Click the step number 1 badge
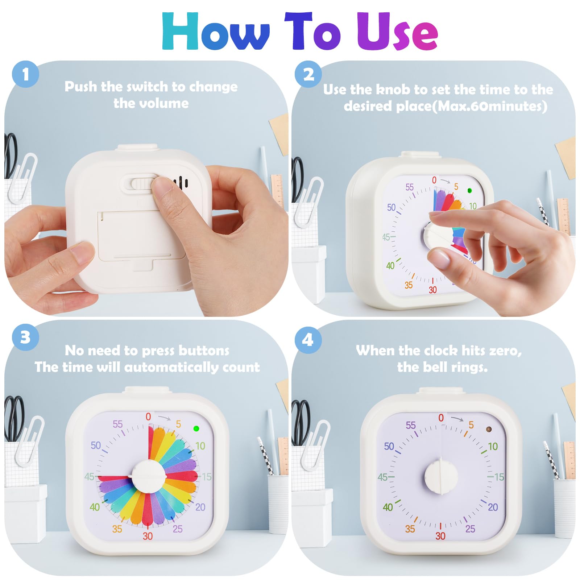click(x=25, y=74)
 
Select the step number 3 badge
click(x=25, y=337)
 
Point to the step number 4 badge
click(x=308, y=340)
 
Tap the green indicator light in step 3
click(x=196, y=428)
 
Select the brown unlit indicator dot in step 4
click(x=488, y=430)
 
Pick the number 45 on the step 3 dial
click(x=89, y=476)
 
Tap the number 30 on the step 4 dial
click(x=440, y=536)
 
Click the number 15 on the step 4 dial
click(x=499, y=477)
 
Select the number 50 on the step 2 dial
click(x=391, y=207)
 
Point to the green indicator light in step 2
click(x=470, y=190)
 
